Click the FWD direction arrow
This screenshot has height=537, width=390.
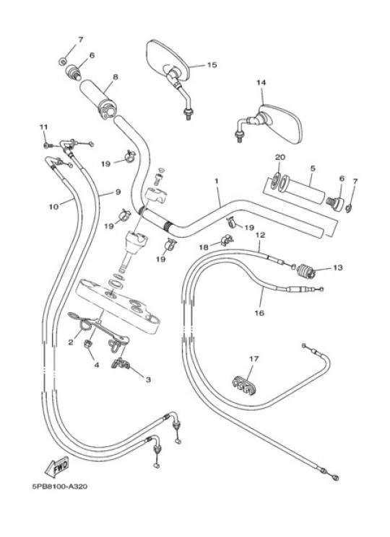pyautogui.click(x=57, y=466)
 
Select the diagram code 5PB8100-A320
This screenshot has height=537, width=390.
pyautogui.click(x=60, y=487)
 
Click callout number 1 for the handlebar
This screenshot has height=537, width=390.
pyautogui.click(x=217, y=181)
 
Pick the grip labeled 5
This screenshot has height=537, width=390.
pyautogui.click(x=302, y=190)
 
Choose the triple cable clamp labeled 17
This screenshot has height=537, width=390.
pyautogui.click(x=243, y=386)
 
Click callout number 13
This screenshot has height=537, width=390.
pyautogui.click(x=337, y=267)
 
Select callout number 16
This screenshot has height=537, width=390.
pyautogui.click(x=260, y=313)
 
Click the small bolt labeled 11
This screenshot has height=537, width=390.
pyautogui.click(x=47, y=146)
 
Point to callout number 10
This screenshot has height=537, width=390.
pyautogui.click(x=54, y=207)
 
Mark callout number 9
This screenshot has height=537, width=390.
pyautogui.click(x=118, y=192)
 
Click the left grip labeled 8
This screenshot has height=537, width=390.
pyautogui.click(x=98, y=99)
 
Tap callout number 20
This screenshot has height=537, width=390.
pyautogui.click(x=280, y=157)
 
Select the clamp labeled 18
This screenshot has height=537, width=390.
pyautogui.click(x=227, y=240)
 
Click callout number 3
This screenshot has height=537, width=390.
pyautogui.click(x=148, y=379)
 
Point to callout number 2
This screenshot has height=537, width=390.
pyautogui.click(x=71, y=342)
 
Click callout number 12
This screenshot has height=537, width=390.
pyautogui.click(x=260, y=235)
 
